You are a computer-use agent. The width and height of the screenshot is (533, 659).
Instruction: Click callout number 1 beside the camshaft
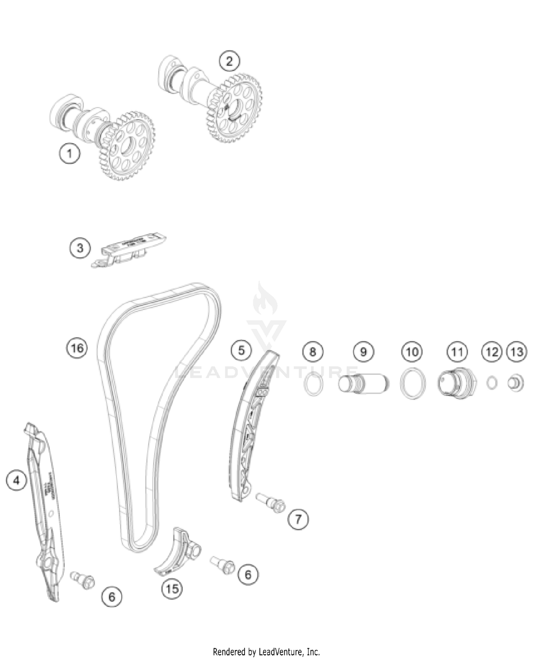[x=69, y=154]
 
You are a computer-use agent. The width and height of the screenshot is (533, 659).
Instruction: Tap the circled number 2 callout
[x=229, y=61]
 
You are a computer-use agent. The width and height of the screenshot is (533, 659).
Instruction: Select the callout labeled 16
[x=77, y=347]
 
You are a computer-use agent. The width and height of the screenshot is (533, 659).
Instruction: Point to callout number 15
[x=172, y=589]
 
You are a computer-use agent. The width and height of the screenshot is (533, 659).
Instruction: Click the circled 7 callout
[x=298, y=519]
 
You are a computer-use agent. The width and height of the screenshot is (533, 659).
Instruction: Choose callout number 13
[x=517, y=352]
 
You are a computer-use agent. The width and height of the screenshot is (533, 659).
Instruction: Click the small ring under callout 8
[x=313, y=384]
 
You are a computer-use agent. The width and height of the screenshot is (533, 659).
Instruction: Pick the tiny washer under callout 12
[x=492, y=383]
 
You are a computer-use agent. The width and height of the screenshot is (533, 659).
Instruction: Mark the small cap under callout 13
[x=516, y=383]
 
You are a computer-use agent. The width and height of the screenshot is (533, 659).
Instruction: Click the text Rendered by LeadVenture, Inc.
[x=266, y=652]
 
